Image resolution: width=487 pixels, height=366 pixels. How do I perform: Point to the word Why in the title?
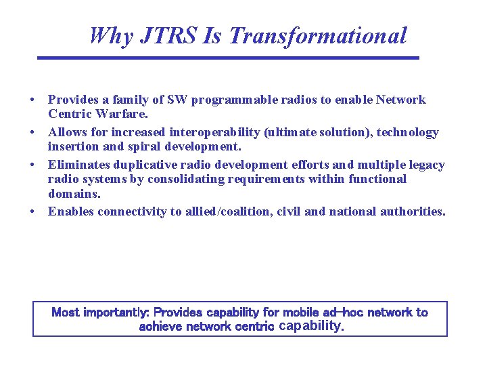tap(111, 35)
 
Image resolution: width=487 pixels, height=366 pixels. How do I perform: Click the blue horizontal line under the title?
tap(228, 58)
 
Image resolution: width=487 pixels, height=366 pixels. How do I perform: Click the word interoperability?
tap(216, 132)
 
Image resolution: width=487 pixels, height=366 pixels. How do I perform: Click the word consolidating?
tap(188, 179)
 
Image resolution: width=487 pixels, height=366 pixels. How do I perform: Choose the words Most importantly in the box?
tap(100, 312)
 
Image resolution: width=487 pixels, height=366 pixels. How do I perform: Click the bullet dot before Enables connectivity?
tap(32, 211)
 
